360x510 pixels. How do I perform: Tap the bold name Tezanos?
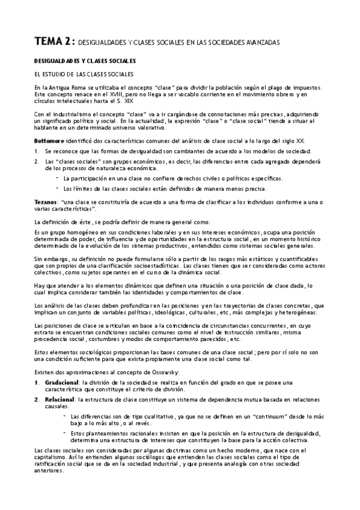pos(47,203)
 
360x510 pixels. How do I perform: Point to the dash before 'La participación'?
pos(58,178)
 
